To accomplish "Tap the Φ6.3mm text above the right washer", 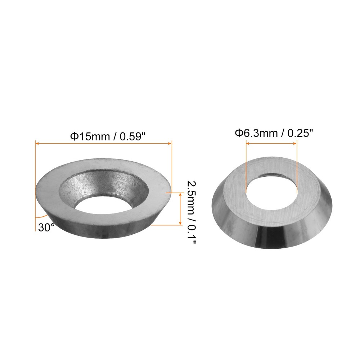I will tap(256, 134).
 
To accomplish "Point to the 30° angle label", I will tap(46, 227).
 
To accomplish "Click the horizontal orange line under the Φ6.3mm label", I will tap(271, 143).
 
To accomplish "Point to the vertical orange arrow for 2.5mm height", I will tap(180, 209).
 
